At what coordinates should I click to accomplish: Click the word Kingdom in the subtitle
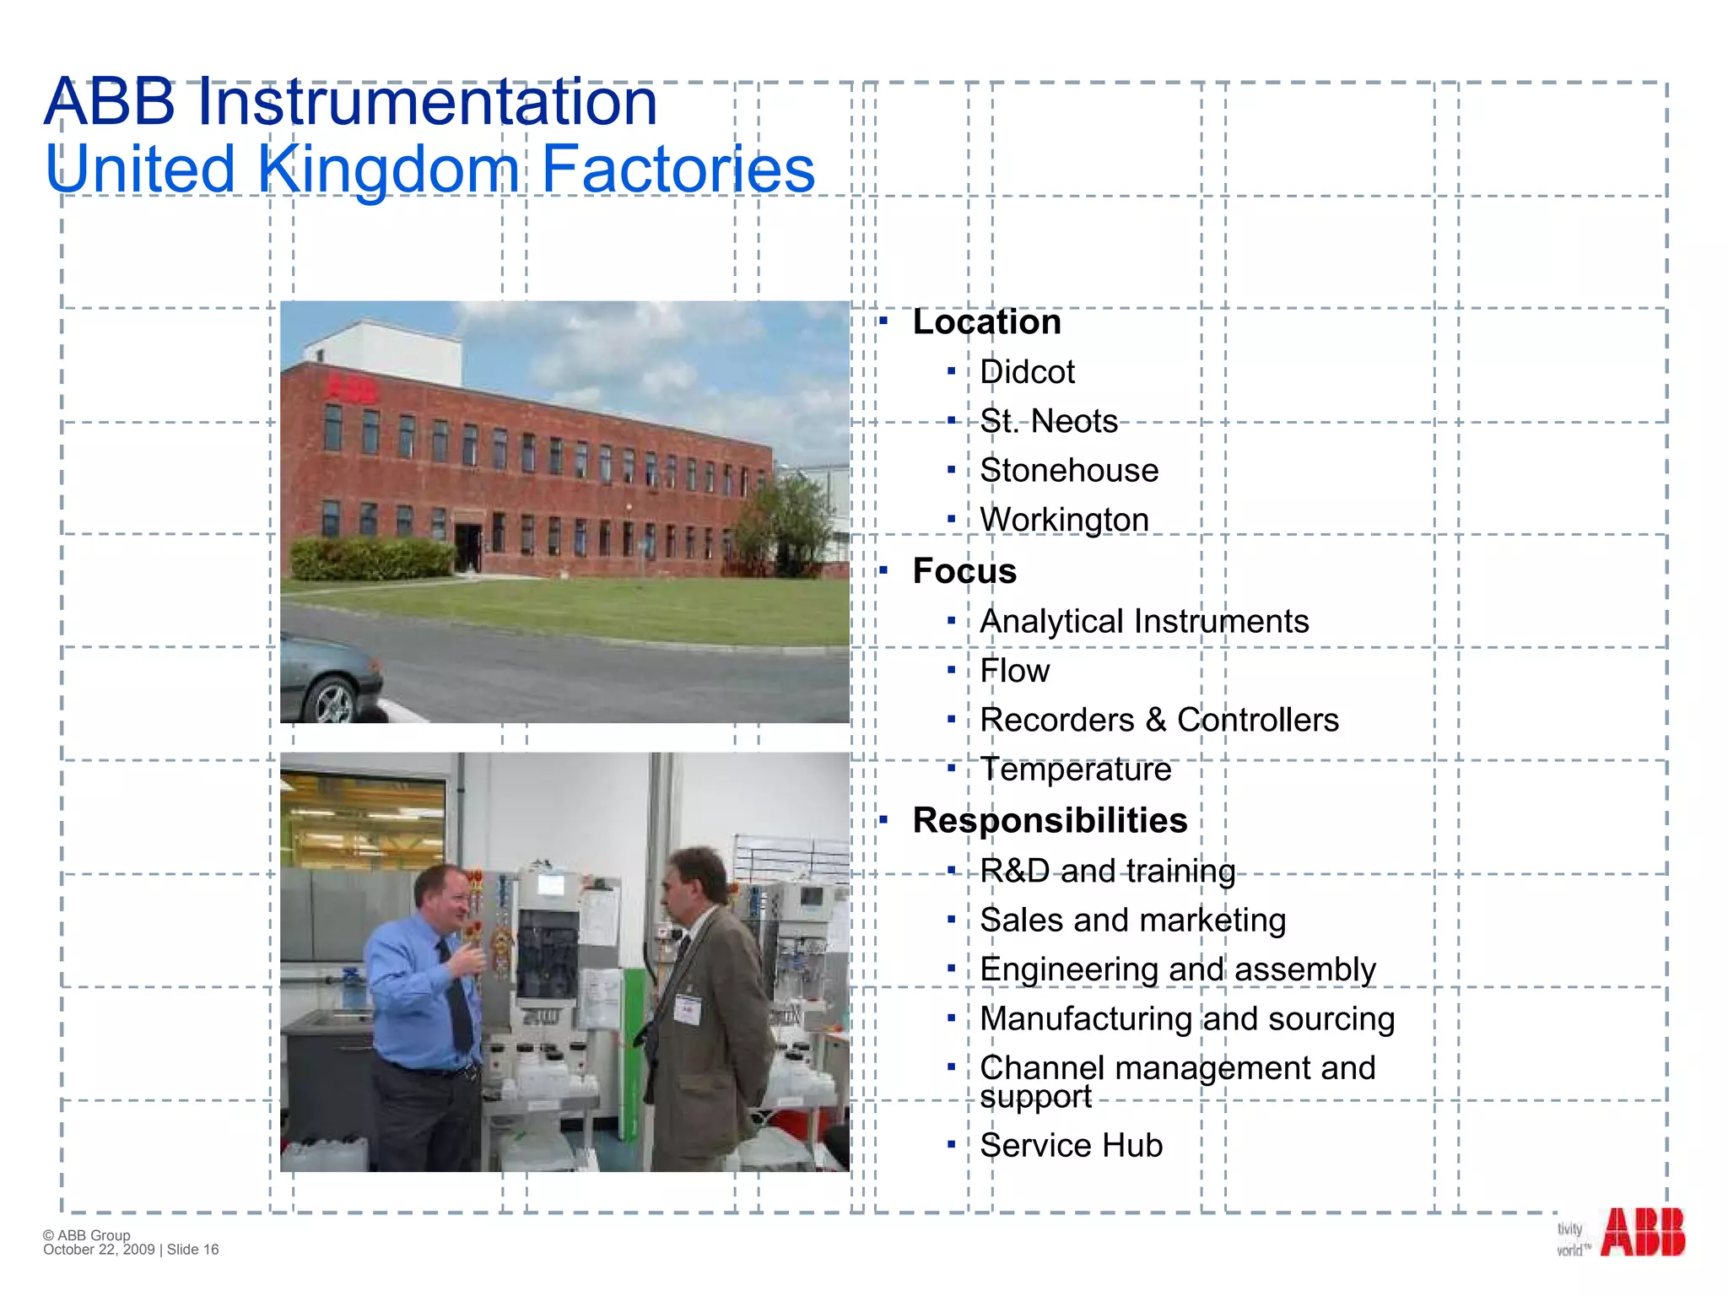388,169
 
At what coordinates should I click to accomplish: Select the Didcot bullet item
1027,372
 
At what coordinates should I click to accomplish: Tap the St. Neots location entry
1048,421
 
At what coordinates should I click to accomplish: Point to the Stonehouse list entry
1069,471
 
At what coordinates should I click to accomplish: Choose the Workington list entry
1064,520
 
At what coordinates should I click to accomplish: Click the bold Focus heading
964,571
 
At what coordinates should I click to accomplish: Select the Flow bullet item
1014,671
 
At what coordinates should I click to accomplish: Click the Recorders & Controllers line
1158,720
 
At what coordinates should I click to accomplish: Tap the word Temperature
1075,769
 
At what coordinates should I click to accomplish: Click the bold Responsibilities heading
1050,820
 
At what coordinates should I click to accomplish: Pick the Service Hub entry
1071,1146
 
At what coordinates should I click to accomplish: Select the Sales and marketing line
1132,920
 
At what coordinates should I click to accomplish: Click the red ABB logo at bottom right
1642,1233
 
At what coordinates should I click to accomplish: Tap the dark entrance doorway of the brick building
468,547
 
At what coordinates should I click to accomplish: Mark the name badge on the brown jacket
687,1009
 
